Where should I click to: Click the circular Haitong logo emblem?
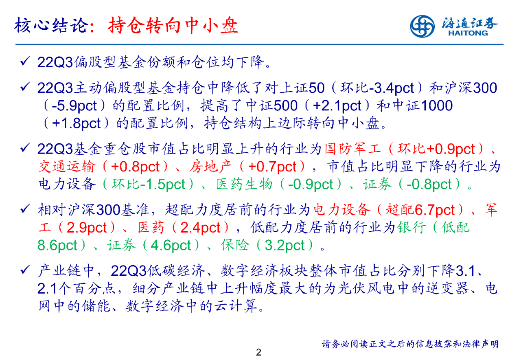click(422, 26)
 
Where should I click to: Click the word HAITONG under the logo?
click(468, 33)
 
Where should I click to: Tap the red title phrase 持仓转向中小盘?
click(173, 25)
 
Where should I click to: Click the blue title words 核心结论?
click(51, 25)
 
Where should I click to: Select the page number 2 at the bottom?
click(258, 352)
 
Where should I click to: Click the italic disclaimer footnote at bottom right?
click(410, 344)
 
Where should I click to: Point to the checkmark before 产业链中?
click(25, 270)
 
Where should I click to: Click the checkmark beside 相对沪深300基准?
click(25, 209)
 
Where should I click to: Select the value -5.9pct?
click(74, 106)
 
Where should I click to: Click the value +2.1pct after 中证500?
click(337, 106)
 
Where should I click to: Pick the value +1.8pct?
click(76, 123)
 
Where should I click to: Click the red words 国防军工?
click(352, 149)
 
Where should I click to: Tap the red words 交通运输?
click(67, 167)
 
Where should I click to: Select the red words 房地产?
click(210, 167)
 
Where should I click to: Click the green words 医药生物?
click(245, 184)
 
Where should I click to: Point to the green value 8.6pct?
click(57, 245)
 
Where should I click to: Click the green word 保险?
click(235, 245)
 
